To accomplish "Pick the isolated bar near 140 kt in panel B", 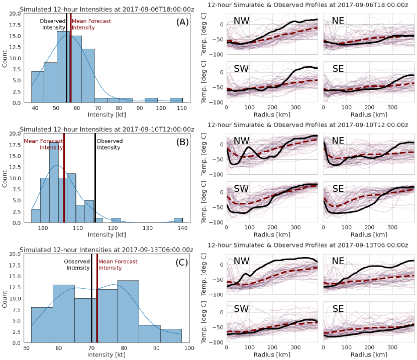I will [178, 220].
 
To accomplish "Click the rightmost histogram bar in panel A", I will [176, 100].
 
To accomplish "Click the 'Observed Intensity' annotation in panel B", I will [109, 144].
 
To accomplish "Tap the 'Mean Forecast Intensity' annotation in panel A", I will [83, 24].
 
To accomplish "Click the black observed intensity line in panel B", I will [95, 191].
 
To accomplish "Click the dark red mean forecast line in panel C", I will [96, 311].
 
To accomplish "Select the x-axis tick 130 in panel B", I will [147, 228].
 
